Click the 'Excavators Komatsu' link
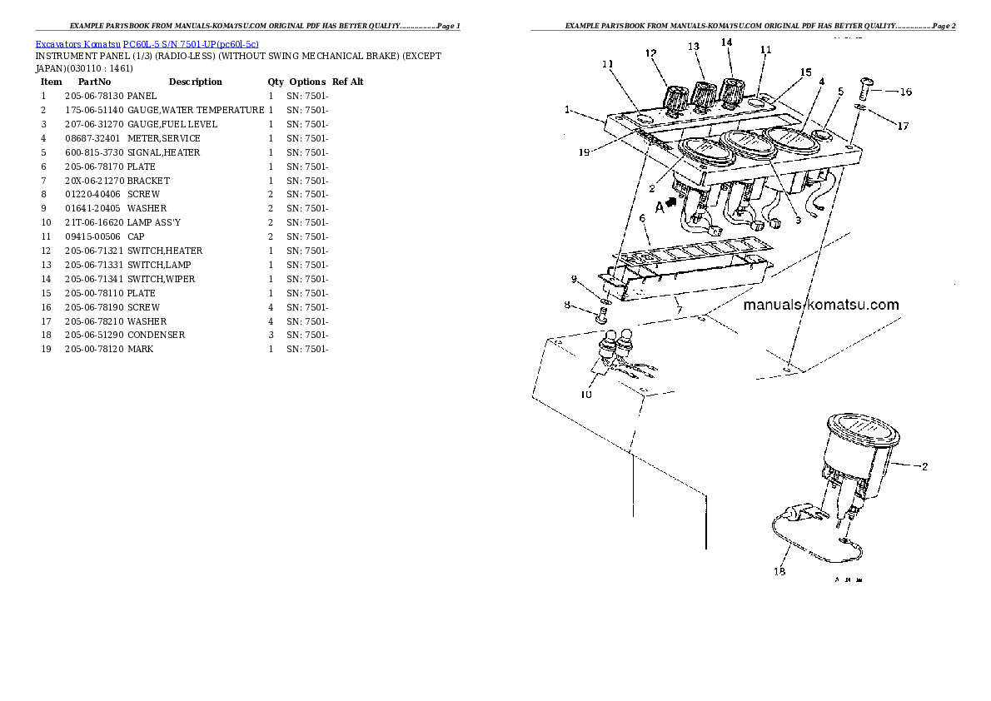tap(77, 44)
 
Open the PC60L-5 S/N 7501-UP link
tap(191, 44)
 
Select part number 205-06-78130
tap(94, 96)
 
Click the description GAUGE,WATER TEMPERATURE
tap(196, 110)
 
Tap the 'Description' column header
tap(196, 82)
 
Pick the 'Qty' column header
tap(276, 82)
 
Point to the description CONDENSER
tap(156, 335)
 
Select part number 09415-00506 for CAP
tap(92, 236)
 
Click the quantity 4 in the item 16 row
tap(271, 307)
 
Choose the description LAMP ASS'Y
tap(153, 222)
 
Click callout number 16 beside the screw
tap(906, 92)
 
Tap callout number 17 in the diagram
tap(903, 126)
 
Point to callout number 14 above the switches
tap(726, 42)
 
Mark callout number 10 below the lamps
tap(586, 395)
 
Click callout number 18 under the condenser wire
tap(779, 571)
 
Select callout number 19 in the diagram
tap(584, 152)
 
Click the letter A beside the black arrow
tap(660, 207)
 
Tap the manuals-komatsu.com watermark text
tap(821, 305)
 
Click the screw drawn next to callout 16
tap(866, 88)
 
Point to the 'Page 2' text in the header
tap(944, 26)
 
